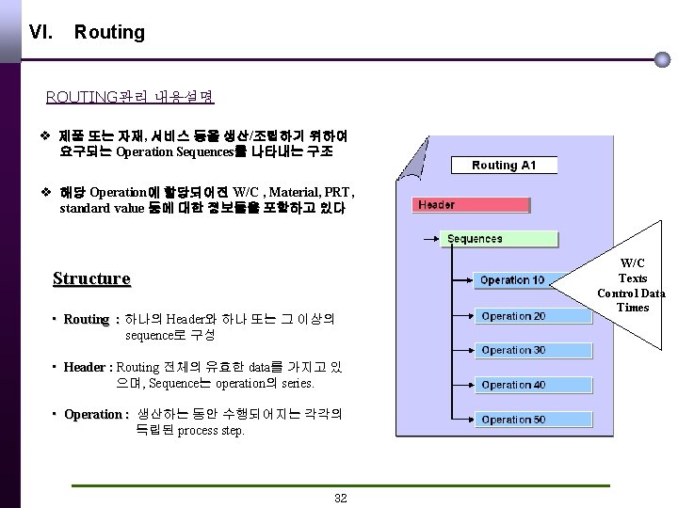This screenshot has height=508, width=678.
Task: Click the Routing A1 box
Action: click(504, 166)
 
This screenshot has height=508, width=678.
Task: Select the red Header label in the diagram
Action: click(436, 204)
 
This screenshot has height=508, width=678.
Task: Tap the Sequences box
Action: click(475, 239)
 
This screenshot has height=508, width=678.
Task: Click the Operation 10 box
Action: click(512, 280)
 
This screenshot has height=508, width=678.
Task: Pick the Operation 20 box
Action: click(513, 316)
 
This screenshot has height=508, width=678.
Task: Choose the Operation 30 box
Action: click(513, 350)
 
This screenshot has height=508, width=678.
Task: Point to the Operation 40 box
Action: click(513, 385)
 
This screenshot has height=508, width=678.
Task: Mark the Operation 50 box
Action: click(513, 420)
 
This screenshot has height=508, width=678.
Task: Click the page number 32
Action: click(341, 498)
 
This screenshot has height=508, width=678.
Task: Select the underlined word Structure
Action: click(91, 278)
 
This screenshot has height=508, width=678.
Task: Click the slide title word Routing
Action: click(109, 32)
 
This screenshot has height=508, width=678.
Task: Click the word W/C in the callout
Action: click(633, 262)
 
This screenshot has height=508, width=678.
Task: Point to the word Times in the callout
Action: click(633, 308)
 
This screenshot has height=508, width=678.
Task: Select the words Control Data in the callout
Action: click(631, 293)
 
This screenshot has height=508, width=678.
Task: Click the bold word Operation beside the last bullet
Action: click(93, 415)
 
